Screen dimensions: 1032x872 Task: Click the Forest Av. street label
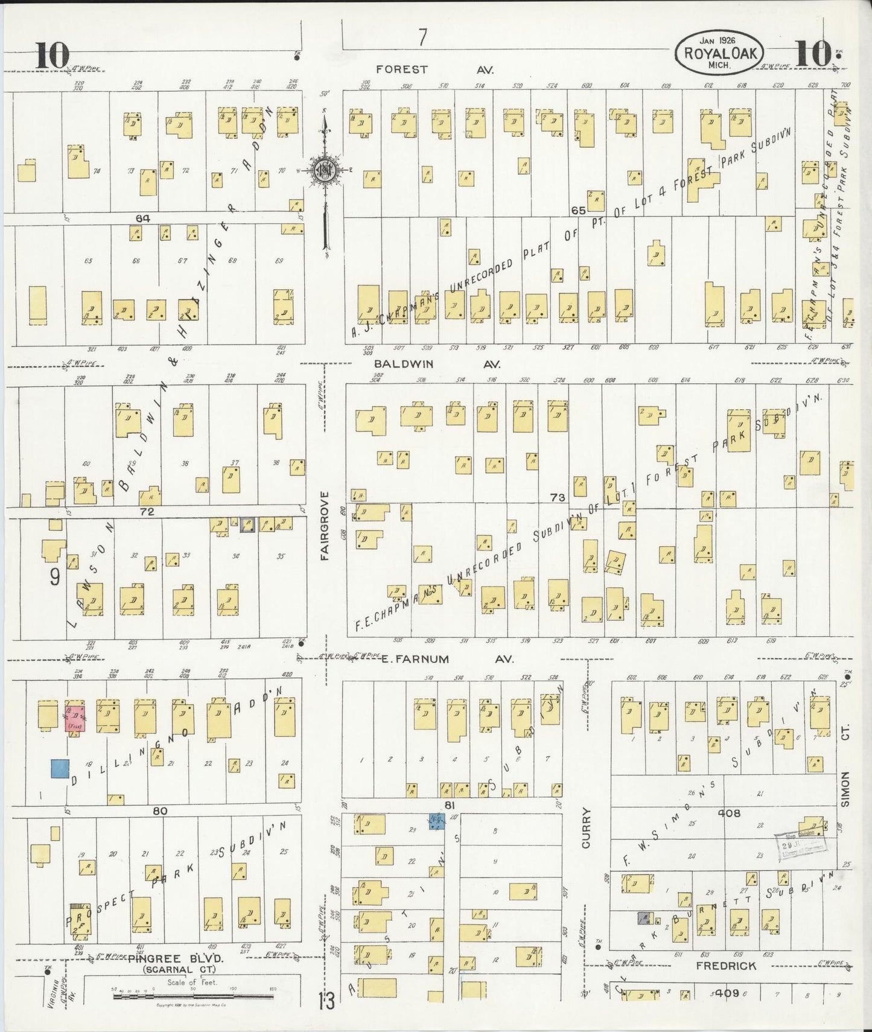pyautogui.click(x=434, y=69)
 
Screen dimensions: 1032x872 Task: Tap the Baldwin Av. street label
pyautogui.click(x=438, y=364)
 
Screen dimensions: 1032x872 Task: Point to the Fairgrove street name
pyautogui.click(x=325, y=526)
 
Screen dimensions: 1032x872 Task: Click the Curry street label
pyautogui.click(x=585, y=829)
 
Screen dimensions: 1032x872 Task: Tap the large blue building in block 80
pyautogui.click(x=60, y=768)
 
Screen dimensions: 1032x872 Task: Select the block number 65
pyautogui.click(x=578, y=210)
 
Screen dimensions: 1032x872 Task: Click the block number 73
pyautogui.click(x=557, y=497)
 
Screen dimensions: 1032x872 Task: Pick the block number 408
pyautogui.click(x=728, y=813)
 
